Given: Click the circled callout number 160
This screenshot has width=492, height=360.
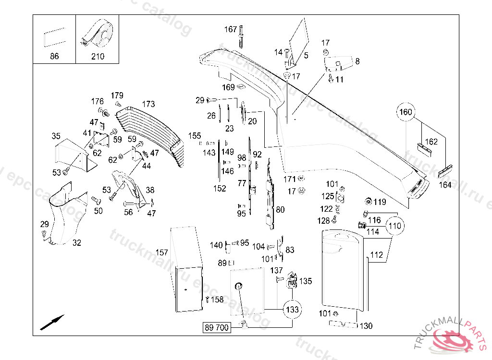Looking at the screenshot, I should [406, 112].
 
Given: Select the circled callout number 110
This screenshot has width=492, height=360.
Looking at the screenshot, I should [394, 225].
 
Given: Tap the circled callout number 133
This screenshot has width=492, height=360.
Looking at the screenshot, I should [292, 310].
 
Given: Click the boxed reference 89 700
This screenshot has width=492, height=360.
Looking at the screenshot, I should [216, 328].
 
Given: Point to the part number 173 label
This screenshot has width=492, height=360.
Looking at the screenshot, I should [148, 104].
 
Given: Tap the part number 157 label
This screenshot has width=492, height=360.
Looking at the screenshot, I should [161, 252].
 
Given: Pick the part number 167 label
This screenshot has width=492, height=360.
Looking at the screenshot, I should [231, 30].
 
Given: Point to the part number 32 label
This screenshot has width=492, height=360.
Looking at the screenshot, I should [77, 243].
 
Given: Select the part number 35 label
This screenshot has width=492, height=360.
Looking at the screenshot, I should [56, 136].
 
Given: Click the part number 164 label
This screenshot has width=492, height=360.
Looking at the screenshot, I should [445, 185].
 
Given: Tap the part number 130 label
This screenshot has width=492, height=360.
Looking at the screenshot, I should [366, 326].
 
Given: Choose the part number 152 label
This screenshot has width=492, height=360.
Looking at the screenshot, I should [220, 189].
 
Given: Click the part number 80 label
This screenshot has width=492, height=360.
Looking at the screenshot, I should [280, 210].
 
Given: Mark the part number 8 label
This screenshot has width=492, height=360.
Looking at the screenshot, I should [357, 61].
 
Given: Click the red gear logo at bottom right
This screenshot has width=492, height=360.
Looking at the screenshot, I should [452, 339].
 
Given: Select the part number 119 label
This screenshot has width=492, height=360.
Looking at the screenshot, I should [380, 202].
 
